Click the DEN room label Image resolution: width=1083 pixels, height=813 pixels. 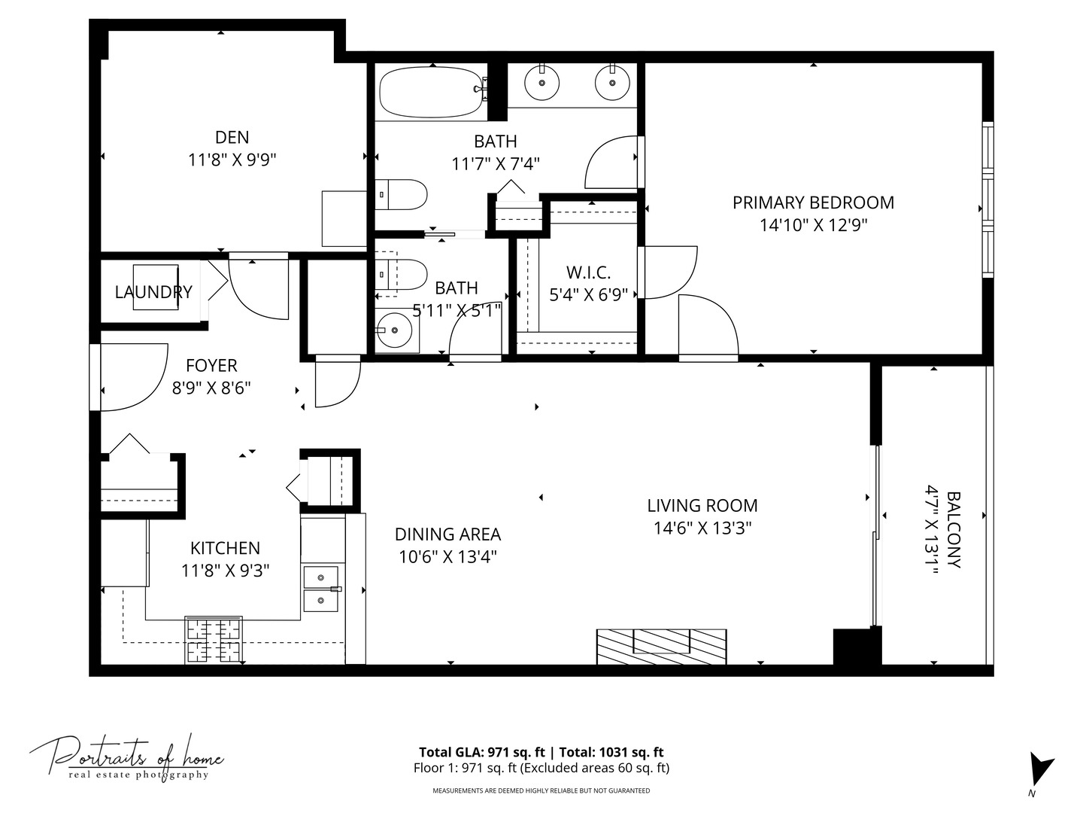coord(232,138)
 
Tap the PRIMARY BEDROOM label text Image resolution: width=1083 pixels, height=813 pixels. coord(813,202)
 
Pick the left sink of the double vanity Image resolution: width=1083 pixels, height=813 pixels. coord(541,82)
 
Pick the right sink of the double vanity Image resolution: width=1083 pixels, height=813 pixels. coord(612,82)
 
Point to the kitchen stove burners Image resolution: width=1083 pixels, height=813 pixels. coord(214,640)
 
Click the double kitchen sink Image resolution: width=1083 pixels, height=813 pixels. coord(321,589)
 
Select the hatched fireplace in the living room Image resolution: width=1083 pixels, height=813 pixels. coord(661,647)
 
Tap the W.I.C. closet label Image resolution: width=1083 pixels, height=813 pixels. coord(588,273)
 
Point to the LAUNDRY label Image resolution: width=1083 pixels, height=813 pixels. coord(153,292)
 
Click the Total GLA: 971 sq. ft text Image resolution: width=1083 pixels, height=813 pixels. coord(481,752)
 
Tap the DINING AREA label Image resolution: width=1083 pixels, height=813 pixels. coord(447,534)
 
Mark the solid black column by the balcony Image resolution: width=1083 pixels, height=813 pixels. coord(857,646)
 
